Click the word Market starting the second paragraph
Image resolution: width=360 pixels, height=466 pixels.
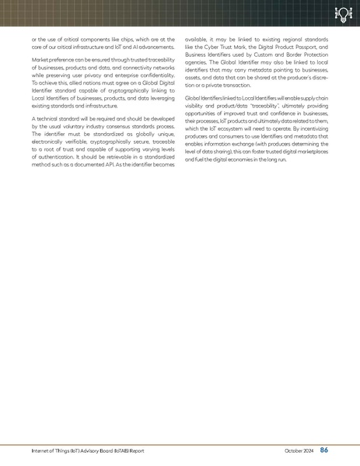click(x=41, y=59)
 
